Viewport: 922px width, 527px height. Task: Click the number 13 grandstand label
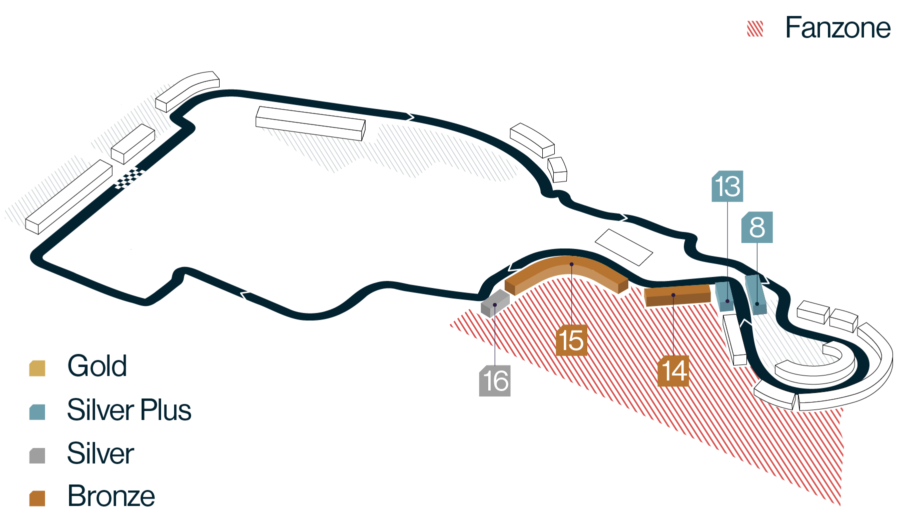(x=727, y=186)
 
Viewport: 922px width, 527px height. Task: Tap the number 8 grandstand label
(x=757, y=227)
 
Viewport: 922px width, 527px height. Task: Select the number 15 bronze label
(x=571, y=340)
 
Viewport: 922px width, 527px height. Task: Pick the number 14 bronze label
(x=673, y=371)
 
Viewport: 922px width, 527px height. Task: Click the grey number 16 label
(x=495, y=381)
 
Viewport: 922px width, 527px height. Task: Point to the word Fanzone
(x=837, y=28)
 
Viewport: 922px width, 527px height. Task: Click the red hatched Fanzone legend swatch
(x=755, y=28)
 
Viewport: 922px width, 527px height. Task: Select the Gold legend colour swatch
(x=38, y=368)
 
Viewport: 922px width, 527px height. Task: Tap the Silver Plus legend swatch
(x=38, y=412)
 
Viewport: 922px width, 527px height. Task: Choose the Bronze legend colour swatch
(x=38, y=498)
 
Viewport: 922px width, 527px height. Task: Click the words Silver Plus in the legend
(x=129, y=410)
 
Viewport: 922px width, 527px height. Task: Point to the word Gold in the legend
(x=97, y=366)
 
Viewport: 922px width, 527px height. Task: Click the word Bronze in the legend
(x=111, y=496)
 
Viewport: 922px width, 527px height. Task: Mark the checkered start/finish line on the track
(x=129, y=178)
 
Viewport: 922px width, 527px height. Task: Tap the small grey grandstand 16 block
(x=495, y=303)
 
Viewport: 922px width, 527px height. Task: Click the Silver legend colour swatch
(x=38, y=455)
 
